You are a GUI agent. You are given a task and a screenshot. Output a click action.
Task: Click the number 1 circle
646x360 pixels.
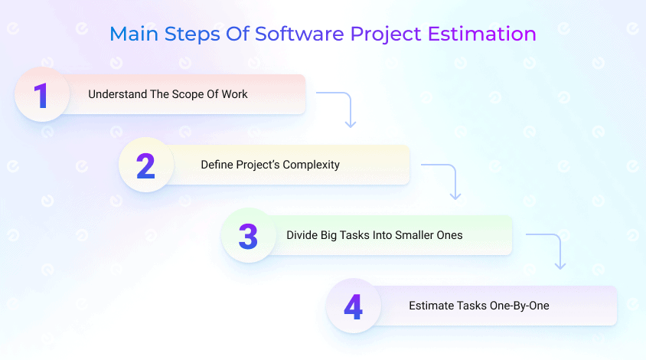43,95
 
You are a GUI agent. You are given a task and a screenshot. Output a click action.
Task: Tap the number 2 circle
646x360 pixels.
146,165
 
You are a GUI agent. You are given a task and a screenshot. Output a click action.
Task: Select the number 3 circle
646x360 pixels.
248,235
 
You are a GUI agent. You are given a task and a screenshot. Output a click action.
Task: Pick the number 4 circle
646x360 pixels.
353,306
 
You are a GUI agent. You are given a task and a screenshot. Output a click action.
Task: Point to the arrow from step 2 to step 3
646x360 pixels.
445,178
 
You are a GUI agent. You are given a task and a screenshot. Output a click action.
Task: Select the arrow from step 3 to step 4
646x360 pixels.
549,248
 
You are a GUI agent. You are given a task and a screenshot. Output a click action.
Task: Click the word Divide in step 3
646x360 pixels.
302,235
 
